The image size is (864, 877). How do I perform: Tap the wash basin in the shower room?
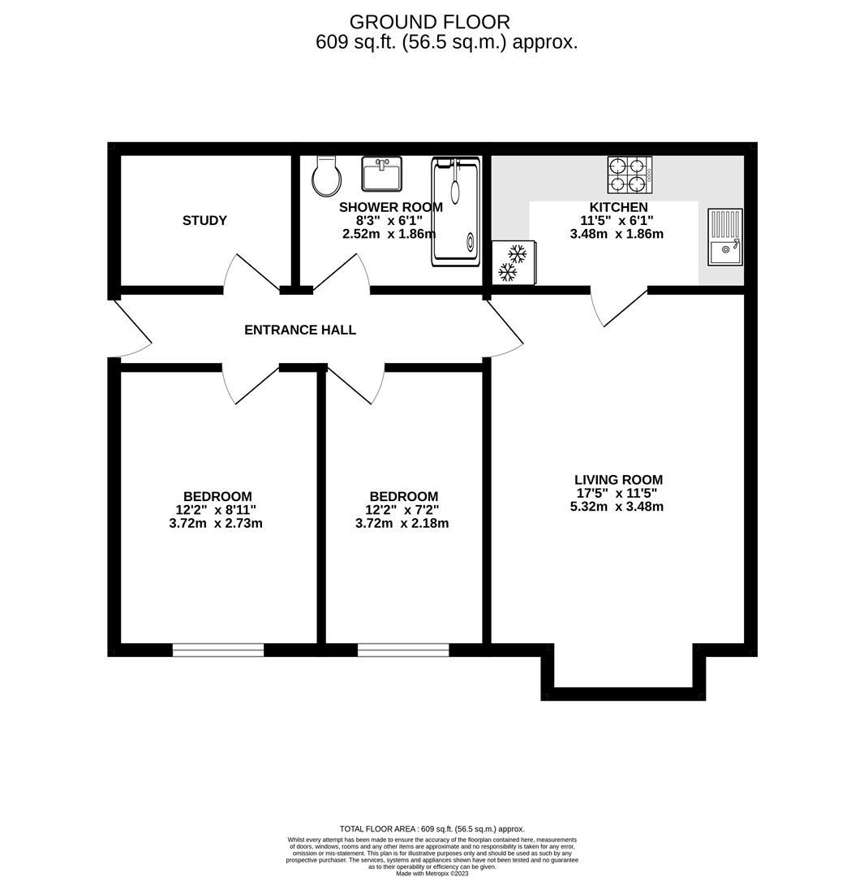tap(381, 174)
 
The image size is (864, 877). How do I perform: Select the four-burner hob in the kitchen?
tap(629, 175)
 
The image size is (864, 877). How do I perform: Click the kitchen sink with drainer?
tap(724, 237)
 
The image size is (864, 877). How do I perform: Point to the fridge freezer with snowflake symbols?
tap(513, 262)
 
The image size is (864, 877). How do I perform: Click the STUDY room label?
tap(204, 221)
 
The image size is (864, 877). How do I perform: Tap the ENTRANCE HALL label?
tap(300, 330)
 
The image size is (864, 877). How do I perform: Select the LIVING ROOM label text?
tap(618, 480)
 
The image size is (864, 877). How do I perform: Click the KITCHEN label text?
tap(618, 208)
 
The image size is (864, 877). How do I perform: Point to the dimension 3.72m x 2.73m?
tap(216, 524)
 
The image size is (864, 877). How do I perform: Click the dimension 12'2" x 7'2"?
tap(402, 510)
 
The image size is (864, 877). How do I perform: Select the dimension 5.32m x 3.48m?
tap(617, 507)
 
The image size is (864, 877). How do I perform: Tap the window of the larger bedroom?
tap(218, 650)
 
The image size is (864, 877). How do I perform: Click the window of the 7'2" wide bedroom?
tap(403, 650)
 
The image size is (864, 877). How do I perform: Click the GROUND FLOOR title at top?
tap(430, 23)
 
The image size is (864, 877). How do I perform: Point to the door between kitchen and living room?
tap(621, 308)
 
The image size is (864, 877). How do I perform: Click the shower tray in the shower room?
tap(456, 212)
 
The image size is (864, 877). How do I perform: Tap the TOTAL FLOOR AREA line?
tap(432, 829)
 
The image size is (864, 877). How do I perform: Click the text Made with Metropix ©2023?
tap(432, 874)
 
